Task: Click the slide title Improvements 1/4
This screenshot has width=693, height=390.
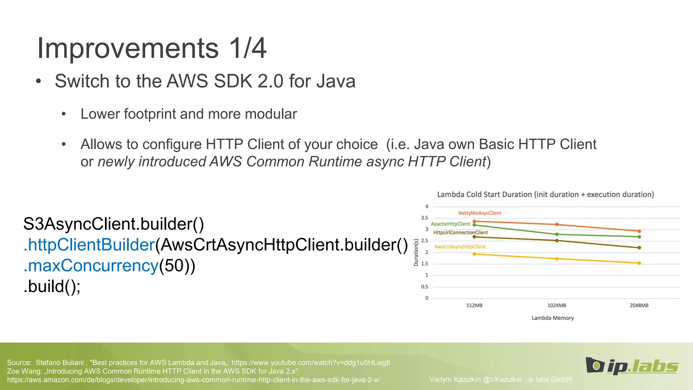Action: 152,48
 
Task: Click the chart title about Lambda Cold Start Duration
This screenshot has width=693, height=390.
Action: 545,195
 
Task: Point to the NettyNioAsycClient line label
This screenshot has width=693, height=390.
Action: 479,213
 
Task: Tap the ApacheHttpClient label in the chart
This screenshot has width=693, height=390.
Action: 450,224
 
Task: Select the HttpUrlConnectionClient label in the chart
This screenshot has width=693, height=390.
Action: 460,233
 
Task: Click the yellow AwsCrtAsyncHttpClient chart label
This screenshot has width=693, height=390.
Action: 460,247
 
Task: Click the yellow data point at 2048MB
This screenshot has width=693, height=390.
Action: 639,263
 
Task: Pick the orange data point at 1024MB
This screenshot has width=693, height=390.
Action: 557,224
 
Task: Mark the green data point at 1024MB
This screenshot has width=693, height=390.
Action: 557,234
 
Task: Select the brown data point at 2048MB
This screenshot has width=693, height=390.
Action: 639,248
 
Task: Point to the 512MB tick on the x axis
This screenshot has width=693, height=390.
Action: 474,305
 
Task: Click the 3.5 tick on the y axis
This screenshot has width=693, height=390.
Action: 424,218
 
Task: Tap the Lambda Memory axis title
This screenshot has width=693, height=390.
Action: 553,318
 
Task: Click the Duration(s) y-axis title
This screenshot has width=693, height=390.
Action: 416,252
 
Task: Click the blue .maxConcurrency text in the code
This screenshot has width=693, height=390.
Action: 91,266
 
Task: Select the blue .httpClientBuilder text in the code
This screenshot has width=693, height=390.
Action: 89,245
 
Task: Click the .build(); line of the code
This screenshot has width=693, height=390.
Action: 52,286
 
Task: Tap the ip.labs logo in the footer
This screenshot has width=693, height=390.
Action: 632,366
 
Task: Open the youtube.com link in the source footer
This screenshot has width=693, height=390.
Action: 311,363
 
